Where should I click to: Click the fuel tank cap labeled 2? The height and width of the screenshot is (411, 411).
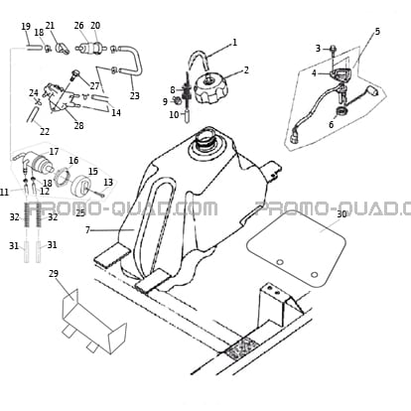tap(210, 88)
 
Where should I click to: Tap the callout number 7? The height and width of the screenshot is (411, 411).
tap(87, 229)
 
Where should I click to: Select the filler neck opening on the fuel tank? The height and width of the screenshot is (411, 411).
tap(205, 142)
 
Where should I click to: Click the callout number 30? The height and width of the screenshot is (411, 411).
tap(342, 214)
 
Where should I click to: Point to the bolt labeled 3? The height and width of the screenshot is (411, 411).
tap(333, 50)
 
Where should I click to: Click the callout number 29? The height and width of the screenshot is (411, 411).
tap(54, 274)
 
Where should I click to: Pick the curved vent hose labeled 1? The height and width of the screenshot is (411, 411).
tap(199, 60)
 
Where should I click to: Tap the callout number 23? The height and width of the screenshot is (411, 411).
tap(134, 96)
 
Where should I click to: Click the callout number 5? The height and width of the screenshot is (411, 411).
tap(377, 32)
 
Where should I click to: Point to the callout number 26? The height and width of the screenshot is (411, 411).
tap(78, 26)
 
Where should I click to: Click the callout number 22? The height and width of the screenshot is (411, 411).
tap(45, 132)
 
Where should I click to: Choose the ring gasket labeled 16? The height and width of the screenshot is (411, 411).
tap(63, 177)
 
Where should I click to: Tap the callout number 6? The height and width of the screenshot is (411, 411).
tap(332, 125)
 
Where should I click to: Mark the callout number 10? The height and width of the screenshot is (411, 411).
tap(174, 115)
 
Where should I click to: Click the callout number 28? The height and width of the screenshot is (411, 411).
tap(78, 126)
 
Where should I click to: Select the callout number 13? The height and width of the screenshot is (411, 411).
tap(108, 183)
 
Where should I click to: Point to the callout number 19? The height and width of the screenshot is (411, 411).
tap(26, 27)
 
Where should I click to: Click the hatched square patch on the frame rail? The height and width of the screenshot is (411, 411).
tap(242, 347)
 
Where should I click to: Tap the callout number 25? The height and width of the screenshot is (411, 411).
tap(80, 213)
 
